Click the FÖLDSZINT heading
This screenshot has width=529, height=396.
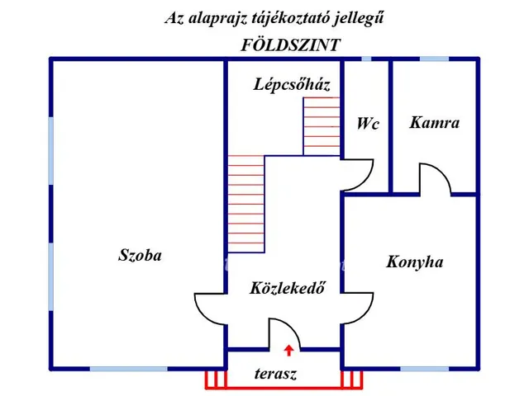point(289,45)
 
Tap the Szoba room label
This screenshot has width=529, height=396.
point(140,255)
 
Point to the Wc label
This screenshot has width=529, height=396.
point(368,124)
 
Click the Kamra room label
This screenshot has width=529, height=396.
point(434,123)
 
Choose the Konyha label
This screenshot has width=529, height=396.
point(414,262)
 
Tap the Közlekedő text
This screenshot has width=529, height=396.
point(287,288)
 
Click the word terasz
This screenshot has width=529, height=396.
point(275,374)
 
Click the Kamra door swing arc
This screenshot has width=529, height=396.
point(435,177)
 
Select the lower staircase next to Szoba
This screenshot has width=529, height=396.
point(245,203)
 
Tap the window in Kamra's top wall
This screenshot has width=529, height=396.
point(434,59)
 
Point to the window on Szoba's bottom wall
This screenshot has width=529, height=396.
point(117,368)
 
